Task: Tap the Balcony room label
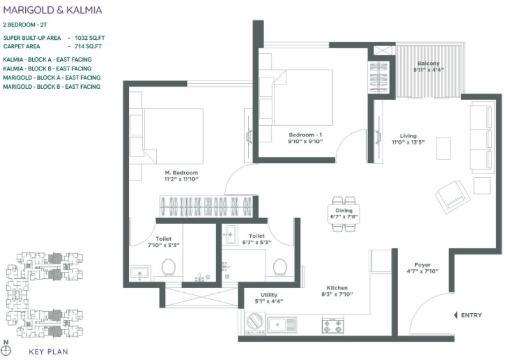[x=428, y=63]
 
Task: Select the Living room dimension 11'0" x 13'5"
[x=409, y=143]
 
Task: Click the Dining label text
[x=344, y=211]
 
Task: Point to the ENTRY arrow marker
[x=456, y=315]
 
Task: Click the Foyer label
[x=422, y=265]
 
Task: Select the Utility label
[x=269, y=295]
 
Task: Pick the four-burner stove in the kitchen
[x=332, y=326]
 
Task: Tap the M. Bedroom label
[x=181, y=172]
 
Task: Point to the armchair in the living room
[x=453, y=195]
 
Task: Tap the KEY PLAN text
[x=48, y=352]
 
